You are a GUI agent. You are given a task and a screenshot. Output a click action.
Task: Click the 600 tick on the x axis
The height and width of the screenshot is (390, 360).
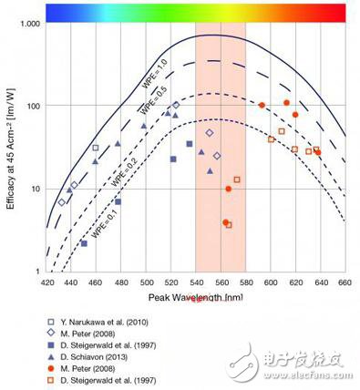pyautogui.click(x=270, y=283)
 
